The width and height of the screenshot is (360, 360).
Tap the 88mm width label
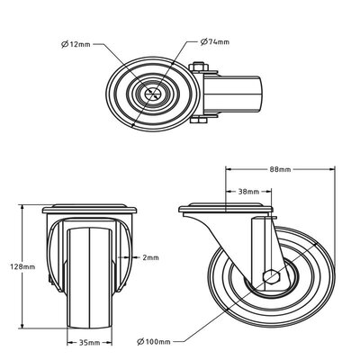point(279,169)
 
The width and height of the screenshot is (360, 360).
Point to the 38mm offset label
point(249,192)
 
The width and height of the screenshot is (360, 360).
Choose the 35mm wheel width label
point(87,343)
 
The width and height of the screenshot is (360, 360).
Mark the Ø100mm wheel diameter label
point(155,342)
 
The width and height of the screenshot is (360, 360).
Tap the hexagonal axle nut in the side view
point(269,277)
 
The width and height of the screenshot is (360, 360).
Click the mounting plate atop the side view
point(225,209)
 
